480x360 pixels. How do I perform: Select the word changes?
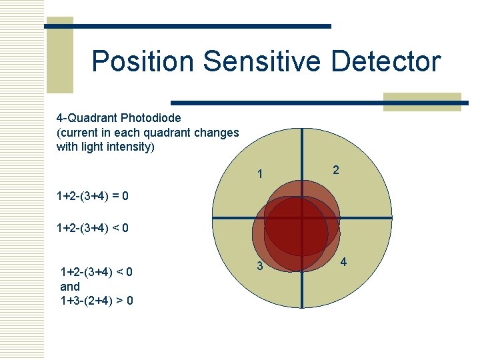coord(217,133)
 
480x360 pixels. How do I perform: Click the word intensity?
coord(129,147)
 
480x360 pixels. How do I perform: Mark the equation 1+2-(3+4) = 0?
coord(93,197)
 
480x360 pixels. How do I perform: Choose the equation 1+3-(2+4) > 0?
coord(96,301)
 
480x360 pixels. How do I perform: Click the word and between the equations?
coord(70,286)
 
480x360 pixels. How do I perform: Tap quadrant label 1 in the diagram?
coord(261,175)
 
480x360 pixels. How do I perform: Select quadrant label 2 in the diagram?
coord(336,170)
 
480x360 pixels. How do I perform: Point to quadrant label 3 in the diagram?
coord(261,267)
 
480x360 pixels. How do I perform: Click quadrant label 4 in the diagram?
coord(343,262)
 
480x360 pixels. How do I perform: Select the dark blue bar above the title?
coord(187,26)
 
